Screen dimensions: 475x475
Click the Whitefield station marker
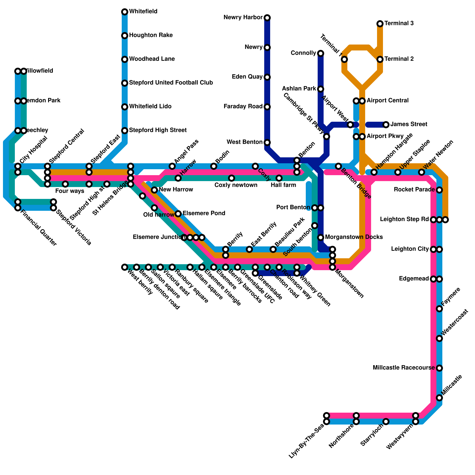[x=125, y=12]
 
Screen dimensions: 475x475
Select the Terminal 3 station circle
[x=380, y=24]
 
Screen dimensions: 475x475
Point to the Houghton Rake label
[x=151, y=35]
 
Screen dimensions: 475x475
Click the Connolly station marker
[x=321, y=53]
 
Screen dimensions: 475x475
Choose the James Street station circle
[x=386, y=125]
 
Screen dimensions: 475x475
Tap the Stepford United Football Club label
[x=171, y=83]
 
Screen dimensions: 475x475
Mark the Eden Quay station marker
[x=267, y=77]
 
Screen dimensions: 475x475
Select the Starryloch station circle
[x=386, y=422]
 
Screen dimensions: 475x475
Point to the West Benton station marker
[x=267, y=142]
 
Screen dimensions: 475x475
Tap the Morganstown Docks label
[x=354, y=237]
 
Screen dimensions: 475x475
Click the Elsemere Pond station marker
[x=178, y=214]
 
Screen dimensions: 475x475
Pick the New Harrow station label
[x=176, y=190]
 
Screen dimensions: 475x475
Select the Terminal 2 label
[x=399, y=59]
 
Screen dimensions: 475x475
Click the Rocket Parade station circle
[x=439, y=190]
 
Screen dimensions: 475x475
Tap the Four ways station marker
[x=65, y=184]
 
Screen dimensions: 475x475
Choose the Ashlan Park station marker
[x=321, y=89]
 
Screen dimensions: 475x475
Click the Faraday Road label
[x=243, y=107]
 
